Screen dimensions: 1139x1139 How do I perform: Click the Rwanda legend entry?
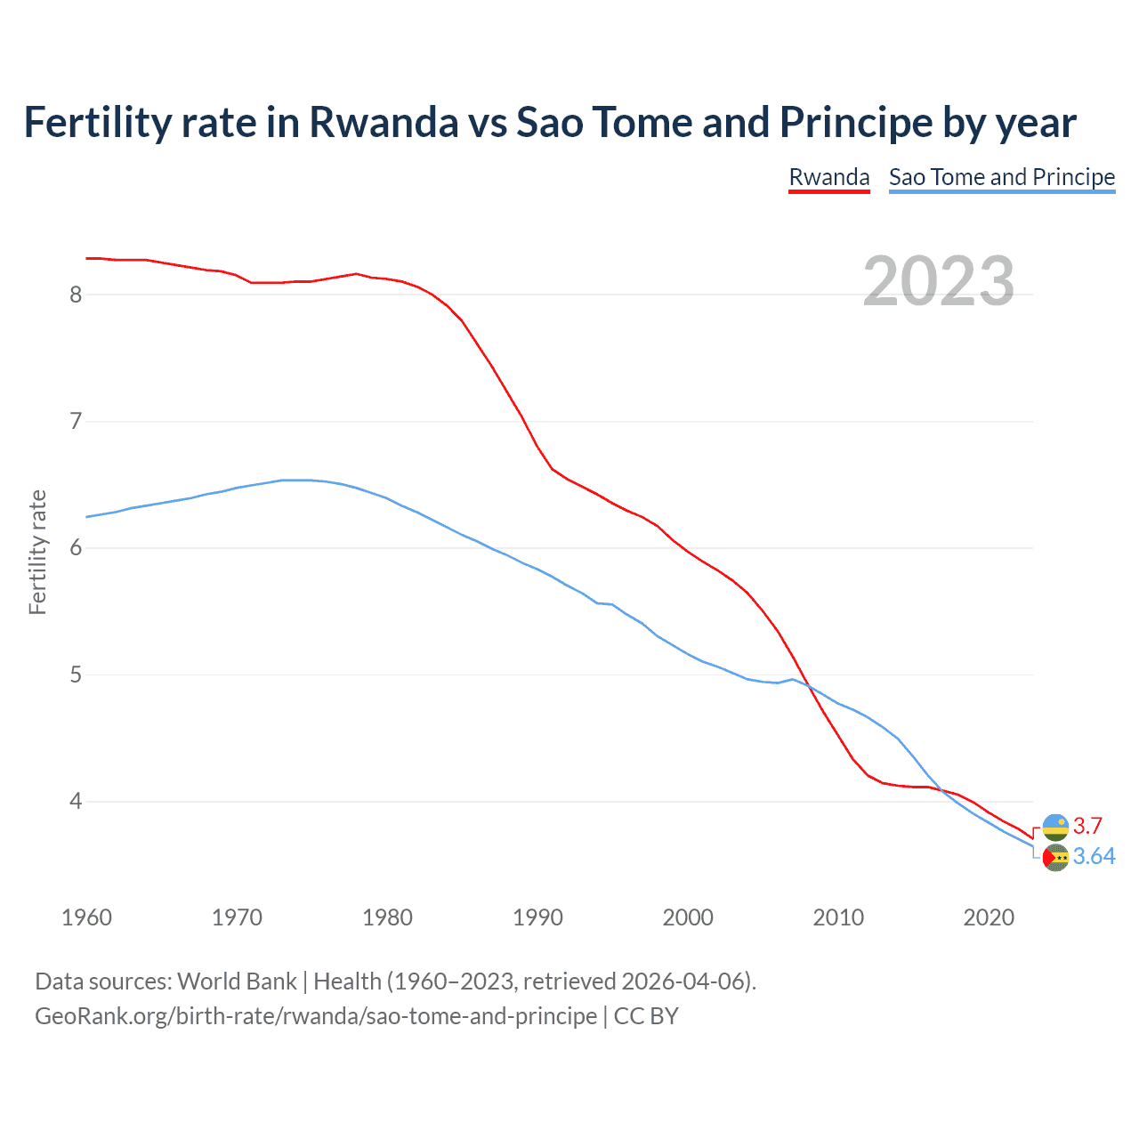pos(828,177)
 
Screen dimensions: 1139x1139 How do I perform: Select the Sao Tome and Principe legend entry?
pos(1001,177)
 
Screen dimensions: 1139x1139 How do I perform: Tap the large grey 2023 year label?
pos(938,281)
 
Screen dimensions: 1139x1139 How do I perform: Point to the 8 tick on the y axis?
pos(76,295)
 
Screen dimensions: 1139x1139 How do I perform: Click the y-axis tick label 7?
pos(76,421)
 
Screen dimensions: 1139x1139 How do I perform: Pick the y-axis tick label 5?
pos(76,675)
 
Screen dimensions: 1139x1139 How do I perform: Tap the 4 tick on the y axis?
pos(76,802)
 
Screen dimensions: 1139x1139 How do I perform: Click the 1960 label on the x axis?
pos(86,917)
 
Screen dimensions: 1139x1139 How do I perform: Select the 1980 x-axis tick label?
pos(387,917)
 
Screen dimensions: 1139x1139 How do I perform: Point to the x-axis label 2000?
pos(688,917)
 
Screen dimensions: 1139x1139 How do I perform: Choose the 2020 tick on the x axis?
pos(989,917)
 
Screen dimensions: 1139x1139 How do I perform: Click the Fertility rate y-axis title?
pos(37,552)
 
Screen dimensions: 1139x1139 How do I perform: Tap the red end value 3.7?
pos(1087,826)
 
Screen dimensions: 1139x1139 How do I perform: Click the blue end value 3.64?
pos(1094,856)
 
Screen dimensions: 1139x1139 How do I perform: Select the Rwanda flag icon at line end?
pos(1055,827)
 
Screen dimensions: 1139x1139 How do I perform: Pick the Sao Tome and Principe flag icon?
pos(1055,858)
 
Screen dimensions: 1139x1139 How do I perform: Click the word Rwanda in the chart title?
pos(383,122)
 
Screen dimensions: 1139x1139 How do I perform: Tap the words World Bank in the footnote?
pos(237,981)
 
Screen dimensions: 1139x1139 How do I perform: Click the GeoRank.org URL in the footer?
pos(316,1016)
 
